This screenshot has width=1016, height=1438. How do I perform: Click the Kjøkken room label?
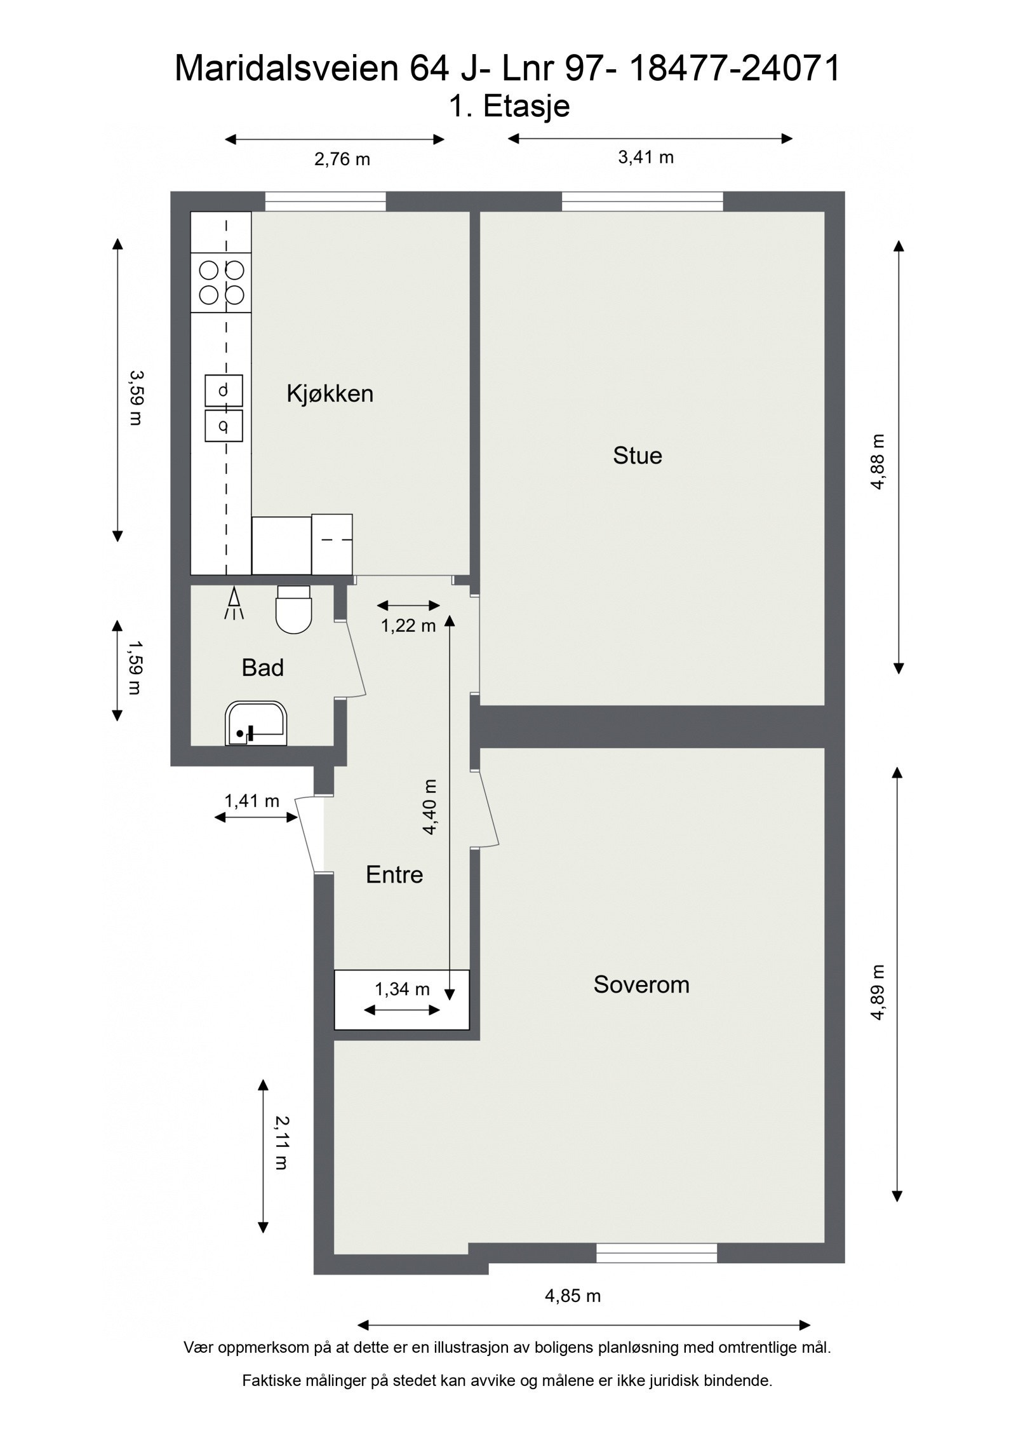[330, 394]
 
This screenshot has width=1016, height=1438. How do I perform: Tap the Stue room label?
[637, 456]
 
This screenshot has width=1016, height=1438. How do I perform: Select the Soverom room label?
[641, 984]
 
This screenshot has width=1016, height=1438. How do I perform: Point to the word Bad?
[262, 668]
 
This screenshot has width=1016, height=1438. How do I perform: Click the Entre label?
[394, 875]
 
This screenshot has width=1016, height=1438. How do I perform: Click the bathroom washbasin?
[256, 724]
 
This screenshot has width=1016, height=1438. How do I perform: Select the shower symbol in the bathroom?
[233, 604]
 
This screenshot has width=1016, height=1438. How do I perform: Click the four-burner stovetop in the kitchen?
[222, 282]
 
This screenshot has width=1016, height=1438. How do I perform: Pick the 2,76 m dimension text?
[342, 159]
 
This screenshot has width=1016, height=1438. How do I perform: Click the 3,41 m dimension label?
[645, 158]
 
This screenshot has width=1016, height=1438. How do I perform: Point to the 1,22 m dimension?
[408, 626]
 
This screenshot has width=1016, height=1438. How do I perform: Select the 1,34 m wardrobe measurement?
[402, 989]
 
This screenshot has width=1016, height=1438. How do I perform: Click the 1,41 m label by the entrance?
[251, 801]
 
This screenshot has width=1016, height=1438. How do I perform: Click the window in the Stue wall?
[642, 201]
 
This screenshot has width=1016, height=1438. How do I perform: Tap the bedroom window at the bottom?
[656, 1252]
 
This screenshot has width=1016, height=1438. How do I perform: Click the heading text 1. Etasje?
[509, 106]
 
